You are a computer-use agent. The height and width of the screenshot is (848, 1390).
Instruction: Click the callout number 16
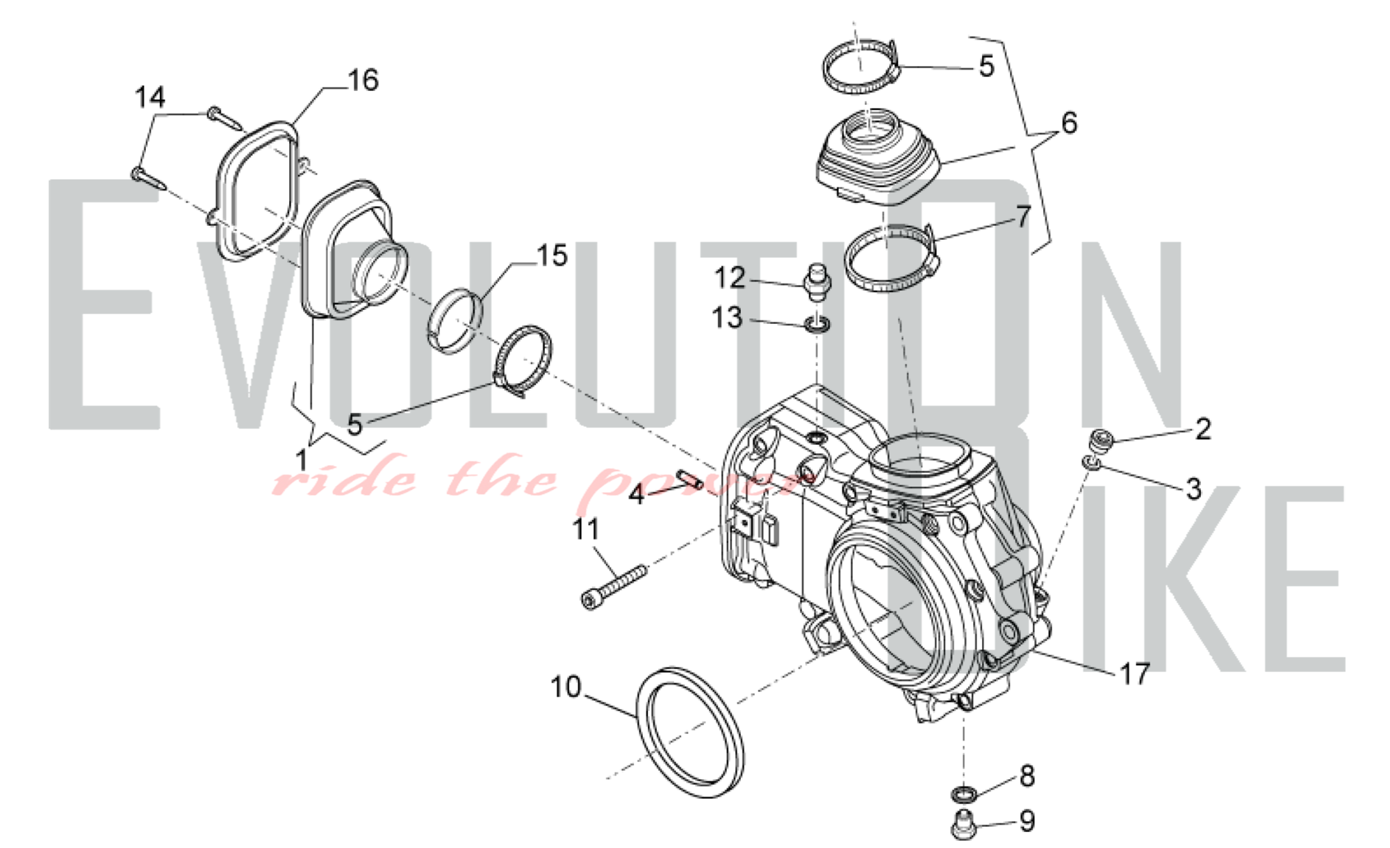363,81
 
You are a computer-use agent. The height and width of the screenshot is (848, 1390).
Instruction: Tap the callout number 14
150,97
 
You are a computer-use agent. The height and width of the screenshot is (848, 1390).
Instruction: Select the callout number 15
553,256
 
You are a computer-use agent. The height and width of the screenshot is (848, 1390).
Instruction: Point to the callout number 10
566,687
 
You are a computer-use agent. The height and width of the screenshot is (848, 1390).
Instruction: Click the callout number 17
1135,673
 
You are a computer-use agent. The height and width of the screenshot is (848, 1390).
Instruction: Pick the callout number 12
730,278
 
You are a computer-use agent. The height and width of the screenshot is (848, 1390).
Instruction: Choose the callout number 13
728,318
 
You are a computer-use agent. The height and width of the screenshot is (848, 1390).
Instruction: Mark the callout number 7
1024,217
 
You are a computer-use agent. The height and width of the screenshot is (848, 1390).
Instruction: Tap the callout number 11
585,529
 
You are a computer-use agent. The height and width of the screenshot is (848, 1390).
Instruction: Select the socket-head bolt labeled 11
614,588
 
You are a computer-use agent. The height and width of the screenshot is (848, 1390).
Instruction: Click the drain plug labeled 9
963,824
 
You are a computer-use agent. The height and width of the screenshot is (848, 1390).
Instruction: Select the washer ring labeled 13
817,324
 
